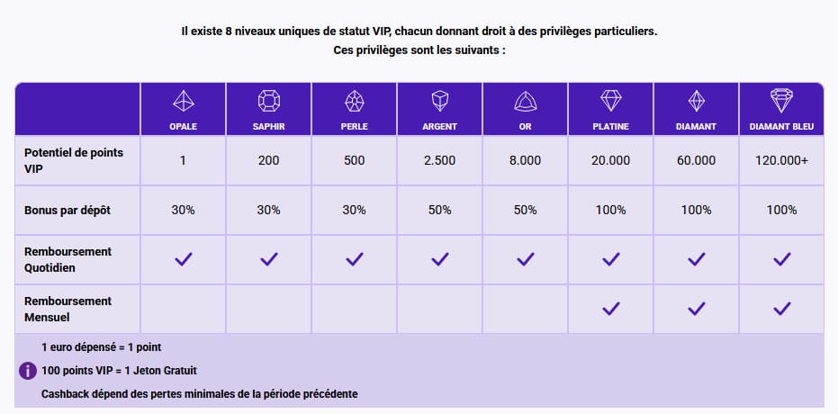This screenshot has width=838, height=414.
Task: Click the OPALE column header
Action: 183,127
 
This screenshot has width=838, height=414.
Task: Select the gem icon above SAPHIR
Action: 269,100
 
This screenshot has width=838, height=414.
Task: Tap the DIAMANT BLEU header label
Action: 781,127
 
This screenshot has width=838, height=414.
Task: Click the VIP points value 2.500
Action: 439,160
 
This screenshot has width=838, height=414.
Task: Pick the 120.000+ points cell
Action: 781,160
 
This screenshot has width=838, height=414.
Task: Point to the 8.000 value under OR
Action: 525,160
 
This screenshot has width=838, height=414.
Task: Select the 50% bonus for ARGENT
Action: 439,210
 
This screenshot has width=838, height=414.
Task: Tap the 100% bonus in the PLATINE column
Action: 610,210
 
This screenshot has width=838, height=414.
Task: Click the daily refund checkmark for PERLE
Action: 354,259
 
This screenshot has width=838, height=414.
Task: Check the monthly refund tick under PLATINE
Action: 610,308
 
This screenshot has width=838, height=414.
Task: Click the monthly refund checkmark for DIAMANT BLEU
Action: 781,308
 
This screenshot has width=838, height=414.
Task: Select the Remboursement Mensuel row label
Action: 68,309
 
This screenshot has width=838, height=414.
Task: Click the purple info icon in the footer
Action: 27,370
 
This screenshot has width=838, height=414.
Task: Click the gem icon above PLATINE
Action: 610,100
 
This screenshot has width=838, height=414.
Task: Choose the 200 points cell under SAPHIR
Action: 269,160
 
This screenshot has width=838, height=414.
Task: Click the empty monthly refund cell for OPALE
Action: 183,309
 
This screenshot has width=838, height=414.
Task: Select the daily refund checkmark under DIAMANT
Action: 696,259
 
